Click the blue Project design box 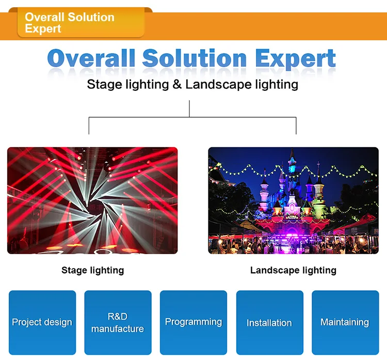point(42,322)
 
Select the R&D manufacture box point(118,322)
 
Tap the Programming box point(193,322)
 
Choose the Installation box point(269,322)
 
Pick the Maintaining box point(345,322)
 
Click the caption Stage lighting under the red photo point(92,270)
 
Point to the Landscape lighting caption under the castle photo point(293,270)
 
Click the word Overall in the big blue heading point(91,58)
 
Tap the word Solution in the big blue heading point(195,58)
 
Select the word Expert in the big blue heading point(295,59)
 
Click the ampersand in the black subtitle point(177,84)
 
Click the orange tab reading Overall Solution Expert point(80,23)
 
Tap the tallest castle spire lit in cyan point(292,161)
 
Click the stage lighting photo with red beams point(92,200)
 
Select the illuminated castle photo point(293,200)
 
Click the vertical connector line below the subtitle point(189,108)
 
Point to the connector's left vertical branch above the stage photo point(89,126)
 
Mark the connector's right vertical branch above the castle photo point(296,126)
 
